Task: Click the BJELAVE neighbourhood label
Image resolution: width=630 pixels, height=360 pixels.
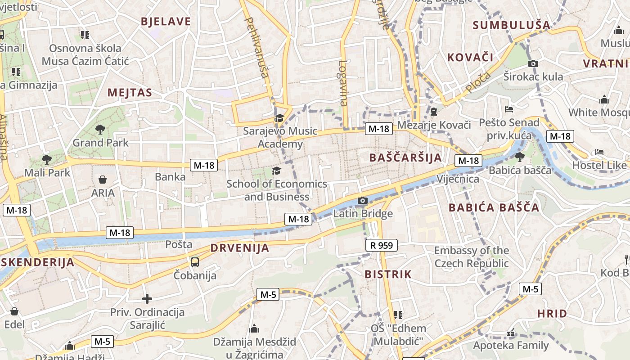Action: (166, 22)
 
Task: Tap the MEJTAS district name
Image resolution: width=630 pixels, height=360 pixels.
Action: (130, 93)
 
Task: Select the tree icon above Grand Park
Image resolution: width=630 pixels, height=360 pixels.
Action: (100, 130)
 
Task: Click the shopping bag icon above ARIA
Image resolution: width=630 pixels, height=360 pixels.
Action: (103, 180)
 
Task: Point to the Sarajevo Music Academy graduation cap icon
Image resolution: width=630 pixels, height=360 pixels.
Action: (279, 118)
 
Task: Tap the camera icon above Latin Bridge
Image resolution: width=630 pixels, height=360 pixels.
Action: (363, 200)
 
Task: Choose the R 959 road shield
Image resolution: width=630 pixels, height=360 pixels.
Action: (381, 245)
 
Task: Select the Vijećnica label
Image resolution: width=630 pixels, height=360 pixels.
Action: (458, 179)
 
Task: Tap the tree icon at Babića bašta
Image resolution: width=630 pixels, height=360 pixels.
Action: (520, 157)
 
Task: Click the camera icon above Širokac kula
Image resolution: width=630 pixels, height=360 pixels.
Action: (533, 63)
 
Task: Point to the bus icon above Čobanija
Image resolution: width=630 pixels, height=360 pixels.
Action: (195, 262)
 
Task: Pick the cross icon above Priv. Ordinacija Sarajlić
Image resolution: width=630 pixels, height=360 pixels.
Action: (147, 298)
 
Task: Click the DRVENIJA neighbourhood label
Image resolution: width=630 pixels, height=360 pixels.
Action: (240, 248)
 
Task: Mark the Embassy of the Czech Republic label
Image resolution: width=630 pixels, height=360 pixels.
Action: (471, 257)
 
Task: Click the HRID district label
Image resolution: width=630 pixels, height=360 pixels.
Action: (552, 314)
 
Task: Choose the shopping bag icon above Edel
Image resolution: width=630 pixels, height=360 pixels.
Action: (14, 311)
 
